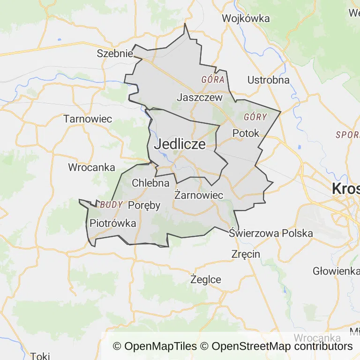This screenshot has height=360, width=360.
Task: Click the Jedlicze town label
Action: [180, 144]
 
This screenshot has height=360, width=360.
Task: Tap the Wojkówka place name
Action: [246, 19]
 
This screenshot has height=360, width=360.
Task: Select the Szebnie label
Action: [115, 53]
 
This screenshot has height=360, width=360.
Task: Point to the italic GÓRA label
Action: [213, 79]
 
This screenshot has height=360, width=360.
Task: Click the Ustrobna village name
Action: [268, 80]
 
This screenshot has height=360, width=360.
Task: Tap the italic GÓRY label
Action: [255, 117]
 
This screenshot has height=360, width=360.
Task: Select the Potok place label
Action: [246, 133]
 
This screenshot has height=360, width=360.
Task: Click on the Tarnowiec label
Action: [88, 119]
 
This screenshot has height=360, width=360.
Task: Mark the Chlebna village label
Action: [150, 183]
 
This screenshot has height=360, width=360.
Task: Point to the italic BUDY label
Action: [112, 205]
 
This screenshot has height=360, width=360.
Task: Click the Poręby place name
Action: [144, 205]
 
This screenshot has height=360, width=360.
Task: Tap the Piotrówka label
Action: [113, 223]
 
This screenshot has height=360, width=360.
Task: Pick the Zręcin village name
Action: [246, 254]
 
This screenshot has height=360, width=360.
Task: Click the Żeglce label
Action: [206, 279]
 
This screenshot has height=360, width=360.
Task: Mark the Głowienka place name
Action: [336, 271]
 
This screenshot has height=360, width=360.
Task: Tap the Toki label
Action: [40, 356]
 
